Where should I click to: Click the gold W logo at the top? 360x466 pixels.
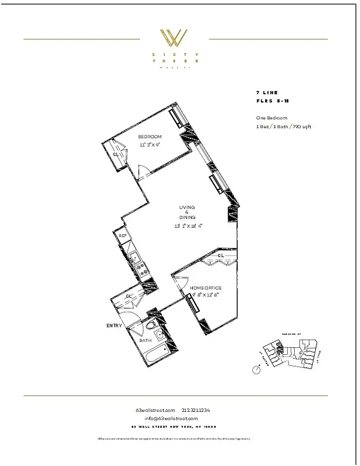[x=174, y=38]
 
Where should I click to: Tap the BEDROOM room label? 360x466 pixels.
[x=149, y=136]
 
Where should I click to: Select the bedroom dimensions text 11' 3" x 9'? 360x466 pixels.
[x=149, y=144]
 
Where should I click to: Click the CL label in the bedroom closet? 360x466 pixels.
[x=116, y=154]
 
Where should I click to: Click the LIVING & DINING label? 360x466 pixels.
[x=188, y=213]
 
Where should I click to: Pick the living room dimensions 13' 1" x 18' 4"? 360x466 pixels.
[x=188, y=225]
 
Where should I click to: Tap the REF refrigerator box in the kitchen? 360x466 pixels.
[x=123, y=236]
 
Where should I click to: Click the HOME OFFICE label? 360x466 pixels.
[x=206, y=288]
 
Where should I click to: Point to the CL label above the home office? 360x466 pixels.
[x=221, y=256]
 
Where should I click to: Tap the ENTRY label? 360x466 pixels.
[x=114, y=326]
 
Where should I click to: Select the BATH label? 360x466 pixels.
[x=145, y=340]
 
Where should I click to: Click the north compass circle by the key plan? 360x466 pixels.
[x=256, y=370]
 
